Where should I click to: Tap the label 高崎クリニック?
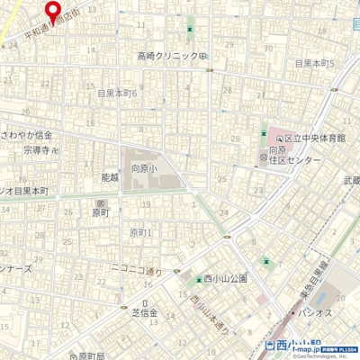pyautogui.click(x=167, y=56)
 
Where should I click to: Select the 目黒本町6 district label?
pyautogui.click(x=117, y=93)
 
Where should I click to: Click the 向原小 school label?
pyautogui.click(x=142, y=168)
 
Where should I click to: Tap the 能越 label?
pyautogui.click(x=110, y=177)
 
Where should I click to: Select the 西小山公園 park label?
pyautogui.click(x=225, y=279)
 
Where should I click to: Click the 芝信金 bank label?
pyautogui.click(x=145, y=314)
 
